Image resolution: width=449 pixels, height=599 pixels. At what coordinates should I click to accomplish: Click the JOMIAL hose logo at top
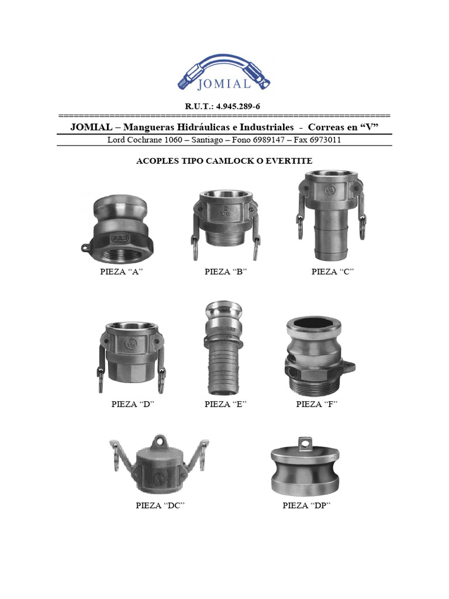point(224,73)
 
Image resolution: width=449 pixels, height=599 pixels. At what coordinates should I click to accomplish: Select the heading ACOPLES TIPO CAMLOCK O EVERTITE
point(224,161)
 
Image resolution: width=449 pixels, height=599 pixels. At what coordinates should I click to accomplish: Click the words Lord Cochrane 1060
point(142,140)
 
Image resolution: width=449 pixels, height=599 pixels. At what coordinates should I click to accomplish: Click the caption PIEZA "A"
point(122,271)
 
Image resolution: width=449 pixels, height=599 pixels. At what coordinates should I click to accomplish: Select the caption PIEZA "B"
point(226,271)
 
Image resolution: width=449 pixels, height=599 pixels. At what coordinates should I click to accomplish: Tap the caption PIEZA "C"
point(333,271)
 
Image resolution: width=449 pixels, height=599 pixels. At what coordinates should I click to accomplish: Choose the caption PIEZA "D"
point(133,404)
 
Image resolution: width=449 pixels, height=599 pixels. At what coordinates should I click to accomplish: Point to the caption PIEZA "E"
point(226,404)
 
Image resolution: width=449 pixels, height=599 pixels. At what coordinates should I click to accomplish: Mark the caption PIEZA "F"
point(317,404)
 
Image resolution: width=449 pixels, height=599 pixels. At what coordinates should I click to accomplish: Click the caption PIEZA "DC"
point(160,505)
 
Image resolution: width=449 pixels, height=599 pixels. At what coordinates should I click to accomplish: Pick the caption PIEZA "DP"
point(306,505)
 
